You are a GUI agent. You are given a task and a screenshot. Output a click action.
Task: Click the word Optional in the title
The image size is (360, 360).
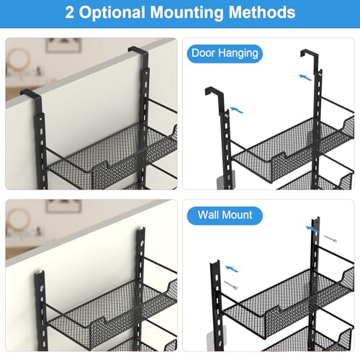[x=112, y=13]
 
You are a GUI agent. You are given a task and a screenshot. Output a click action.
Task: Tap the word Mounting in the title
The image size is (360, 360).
[x=186, y=13]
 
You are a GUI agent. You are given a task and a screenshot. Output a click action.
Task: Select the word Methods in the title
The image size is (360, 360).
[x=261, y=12]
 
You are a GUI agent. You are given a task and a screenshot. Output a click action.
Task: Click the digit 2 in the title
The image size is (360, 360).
[x=69, y=12]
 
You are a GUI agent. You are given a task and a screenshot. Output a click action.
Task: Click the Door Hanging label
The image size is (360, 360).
[x=225, y=53]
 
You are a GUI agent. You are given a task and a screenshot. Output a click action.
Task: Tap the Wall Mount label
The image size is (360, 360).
[x=225, y=215]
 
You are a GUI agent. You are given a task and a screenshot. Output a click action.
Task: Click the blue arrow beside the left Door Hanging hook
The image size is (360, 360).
[x=237, y=110]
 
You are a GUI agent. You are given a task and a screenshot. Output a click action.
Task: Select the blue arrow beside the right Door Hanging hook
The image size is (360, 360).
[x=305, y=77]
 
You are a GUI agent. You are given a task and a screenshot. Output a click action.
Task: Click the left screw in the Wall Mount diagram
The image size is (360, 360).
[x=231, y=285]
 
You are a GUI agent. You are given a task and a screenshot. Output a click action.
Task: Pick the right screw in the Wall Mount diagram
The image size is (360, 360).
[x=330, y=239]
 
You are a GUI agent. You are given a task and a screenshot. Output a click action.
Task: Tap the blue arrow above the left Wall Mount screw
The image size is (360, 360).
[x=232, y=269]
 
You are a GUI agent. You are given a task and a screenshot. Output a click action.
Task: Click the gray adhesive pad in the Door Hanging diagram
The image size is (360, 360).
[x=222, y=183]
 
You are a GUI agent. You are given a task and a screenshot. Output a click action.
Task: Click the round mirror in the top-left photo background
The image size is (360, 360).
[x=17, y=59]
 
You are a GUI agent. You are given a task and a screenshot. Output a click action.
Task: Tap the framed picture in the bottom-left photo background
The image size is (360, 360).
[x=64, y=207]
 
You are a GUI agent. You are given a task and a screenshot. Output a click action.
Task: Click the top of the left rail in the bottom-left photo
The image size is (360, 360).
[x=40, y=272]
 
